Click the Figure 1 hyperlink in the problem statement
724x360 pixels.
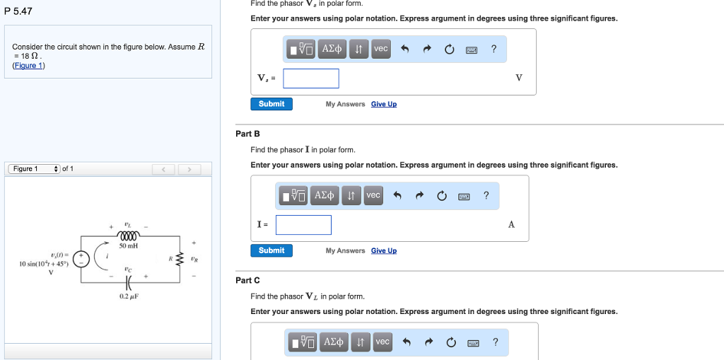click(28, 65)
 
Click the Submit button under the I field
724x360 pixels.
click(271, 250)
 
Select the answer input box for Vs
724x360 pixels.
click(311, 78)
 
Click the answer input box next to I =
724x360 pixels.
click(303, 225)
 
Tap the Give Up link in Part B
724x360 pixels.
click(384, 250)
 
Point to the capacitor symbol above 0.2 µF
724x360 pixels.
click(129, 281)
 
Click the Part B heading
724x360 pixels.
click(248, 134)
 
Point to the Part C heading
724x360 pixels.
click(248, 280)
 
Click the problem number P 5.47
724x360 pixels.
click(18, 11)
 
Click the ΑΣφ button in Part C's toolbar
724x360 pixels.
click(334, 342)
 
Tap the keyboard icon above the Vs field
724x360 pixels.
click(472, 49)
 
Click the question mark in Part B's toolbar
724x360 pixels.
click(485, 195)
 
